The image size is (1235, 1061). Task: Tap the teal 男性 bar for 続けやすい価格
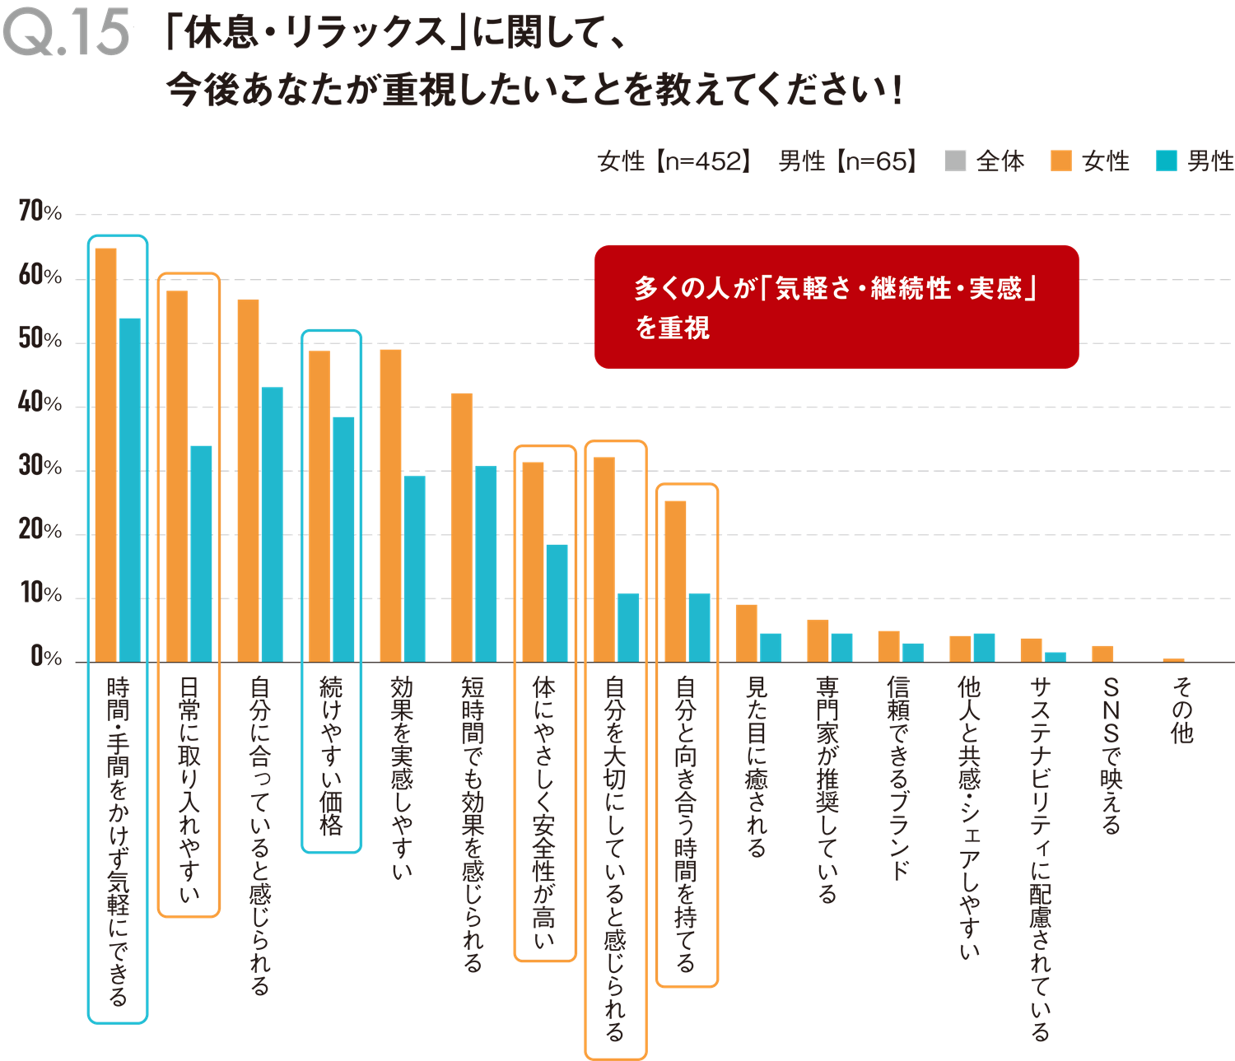(343, 539)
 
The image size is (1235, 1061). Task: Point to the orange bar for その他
(1173, 659)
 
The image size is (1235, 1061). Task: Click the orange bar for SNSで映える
(1102, 654)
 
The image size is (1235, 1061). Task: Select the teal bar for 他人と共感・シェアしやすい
(984, 647)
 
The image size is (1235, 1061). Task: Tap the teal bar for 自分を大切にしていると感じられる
(628, 627)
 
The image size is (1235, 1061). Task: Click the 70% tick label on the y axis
(40, 212)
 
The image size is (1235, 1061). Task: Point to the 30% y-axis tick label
(40, 468)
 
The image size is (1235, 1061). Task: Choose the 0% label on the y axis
(45, 657)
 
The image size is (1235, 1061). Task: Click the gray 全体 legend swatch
(955, 161)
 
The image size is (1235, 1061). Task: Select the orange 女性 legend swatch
(1060, 161)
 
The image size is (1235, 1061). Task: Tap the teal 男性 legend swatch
(1166, 161)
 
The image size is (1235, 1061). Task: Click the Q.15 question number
(66, 33)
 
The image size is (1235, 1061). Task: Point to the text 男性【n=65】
(847, 161)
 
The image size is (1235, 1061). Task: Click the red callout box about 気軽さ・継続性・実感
(837, 306)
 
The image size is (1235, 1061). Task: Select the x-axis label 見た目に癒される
(757, 766)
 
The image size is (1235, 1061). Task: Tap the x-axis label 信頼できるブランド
(899, 777)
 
